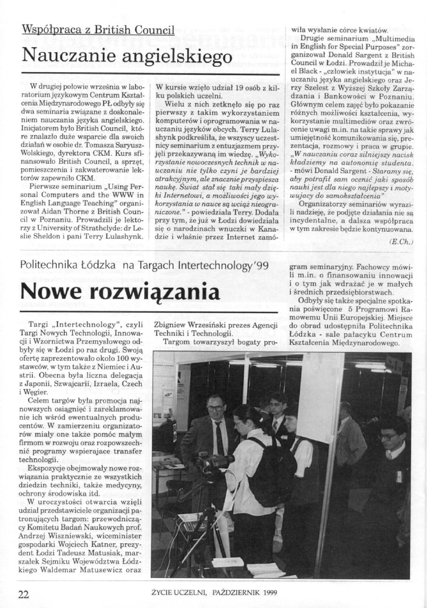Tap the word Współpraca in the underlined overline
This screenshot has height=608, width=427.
coord(51,30)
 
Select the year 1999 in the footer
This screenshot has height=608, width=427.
coord(269,592)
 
